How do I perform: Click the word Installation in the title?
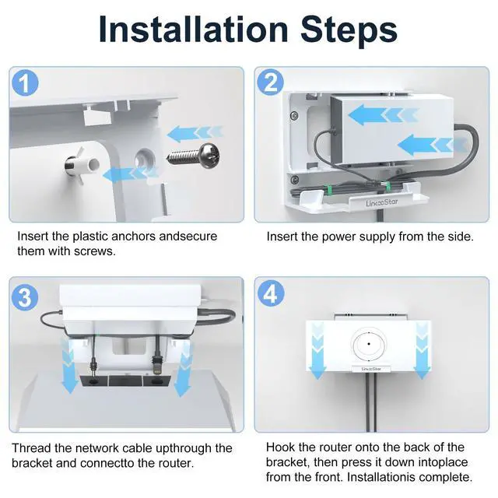pos(193,29)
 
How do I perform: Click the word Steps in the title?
pos(349,31)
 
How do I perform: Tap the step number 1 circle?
pos(25,82)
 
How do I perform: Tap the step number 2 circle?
pos(270,82)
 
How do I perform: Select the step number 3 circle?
pos(25,297)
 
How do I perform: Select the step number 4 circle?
pos(271,294)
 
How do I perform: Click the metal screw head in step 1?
pos(209,156)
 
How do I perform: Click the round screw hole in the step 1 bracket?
pos(145,158)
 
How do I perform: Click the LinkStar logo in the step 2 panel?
pos(381,202)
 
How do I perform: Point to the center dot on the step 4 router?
pos(369,344)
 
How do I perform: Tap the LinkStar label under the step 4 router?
pos(371,369)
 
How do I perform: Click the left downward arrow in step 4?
pos(317,350)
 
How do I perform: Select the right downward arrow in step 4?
pos(422,350)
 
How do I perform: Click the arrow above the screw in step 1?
pos(195,133)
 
